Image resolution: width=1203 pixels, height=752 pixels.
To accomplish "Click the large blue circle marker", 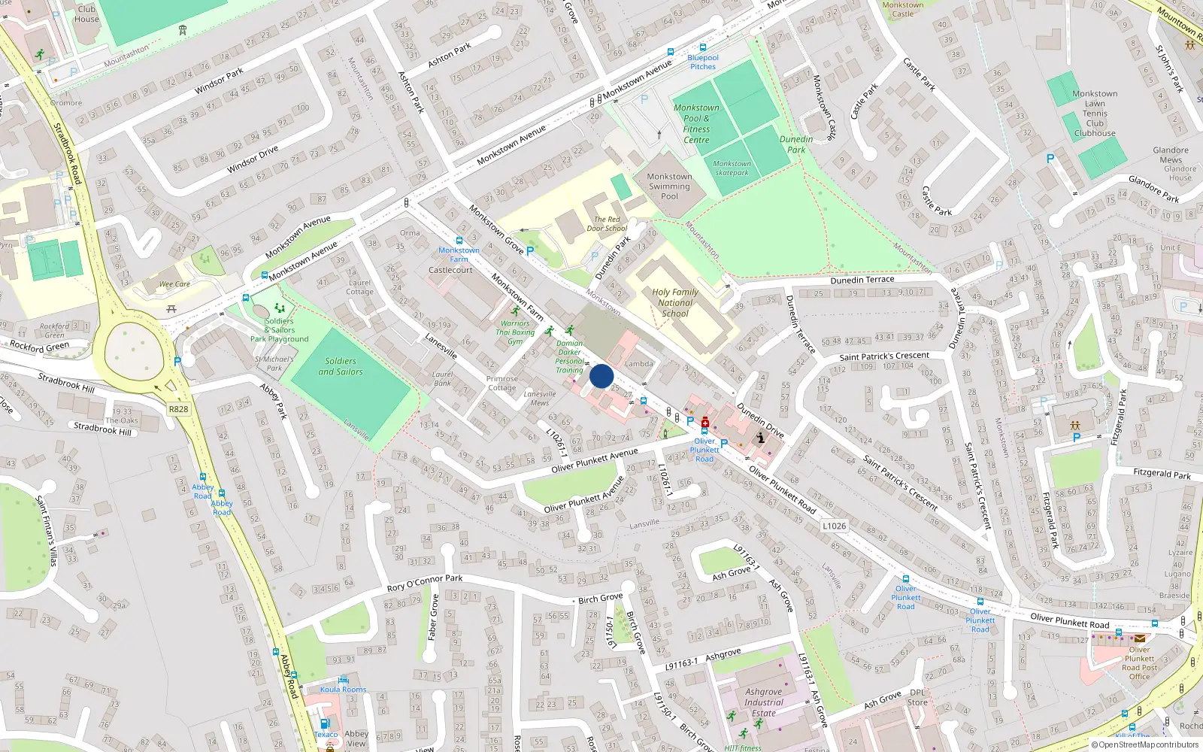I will [x=601, y=376].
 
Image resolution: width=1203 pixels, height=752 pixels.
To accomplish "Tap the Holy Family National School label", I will [x=675, y=303].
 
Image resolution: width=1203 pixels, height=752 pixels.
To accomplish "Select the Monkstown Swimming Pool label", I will [x=669, y=186].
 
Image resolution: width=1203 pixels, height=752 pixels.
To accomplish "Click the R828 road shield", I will [x=178, y=409].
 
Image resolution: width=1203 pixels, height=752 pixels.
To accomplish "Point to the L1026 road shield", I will [x=834, y=526].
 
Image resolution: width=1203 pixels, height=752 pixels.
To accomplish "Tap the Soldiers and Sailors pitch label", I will [x=341, y=366].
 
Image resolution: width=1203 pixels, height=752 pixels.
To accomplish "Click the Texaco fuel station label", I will [x=326, y=734].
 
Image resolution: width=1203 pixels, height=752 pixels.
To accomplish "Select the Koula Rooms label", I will [x=344, y=689].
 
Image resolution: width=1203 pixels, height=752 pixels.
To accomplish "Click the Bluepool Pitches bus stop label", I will [x=703, y=62].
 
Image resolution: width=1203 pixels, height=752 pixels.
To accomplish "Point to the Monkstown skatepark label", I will [x=732, y=168].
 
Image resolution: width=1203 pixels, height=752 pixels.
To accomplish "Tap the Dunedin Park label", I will [x=796, y=144].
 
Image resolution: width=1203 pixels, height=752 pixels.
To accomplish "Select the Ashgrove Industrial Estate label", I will [x=763, y=702].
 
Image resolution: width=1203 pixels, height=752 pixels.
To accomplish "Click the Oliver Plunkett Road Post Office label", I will [x=1139, y=663].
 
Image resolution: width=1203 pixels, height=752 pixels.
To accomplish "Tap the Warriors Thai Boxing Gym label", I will [x=515, y=332].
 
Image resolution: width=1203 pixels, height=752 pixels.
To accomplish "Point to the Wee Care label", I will [x=174, y=284].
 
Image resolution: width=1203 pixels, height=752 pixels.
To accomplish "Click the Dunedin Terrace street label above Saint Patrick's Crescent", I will [x=862, y=280].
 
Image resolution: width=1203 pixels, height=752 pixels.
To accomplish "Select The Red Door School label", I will [x=607, y=224].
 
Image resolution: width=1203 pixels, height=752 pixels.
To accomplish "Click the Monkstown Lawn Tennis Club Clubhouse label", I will [x=1095, y=114].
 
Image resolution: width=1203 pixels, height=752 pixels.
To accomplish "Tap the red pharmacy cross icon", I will [x=705, y=423].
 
